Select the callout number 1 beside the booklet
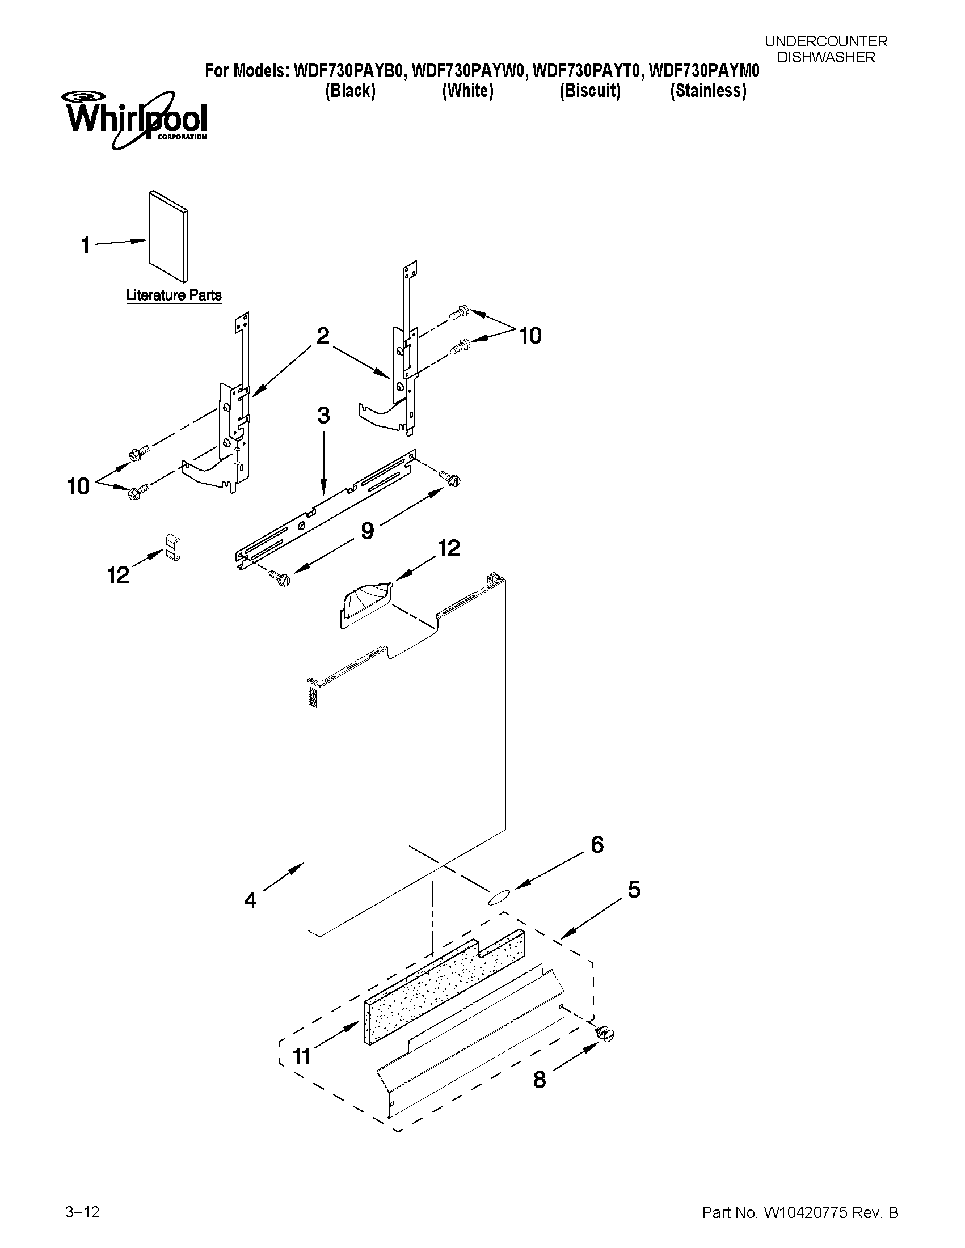85,246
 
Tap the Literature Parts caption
174,295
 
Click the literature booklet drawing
168,236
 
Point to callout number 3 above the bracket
323,416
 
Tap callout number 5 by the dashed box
634,889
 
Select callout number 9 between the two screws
367,531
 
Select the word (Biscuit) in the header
590,91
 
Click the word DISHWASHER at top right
826,57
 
